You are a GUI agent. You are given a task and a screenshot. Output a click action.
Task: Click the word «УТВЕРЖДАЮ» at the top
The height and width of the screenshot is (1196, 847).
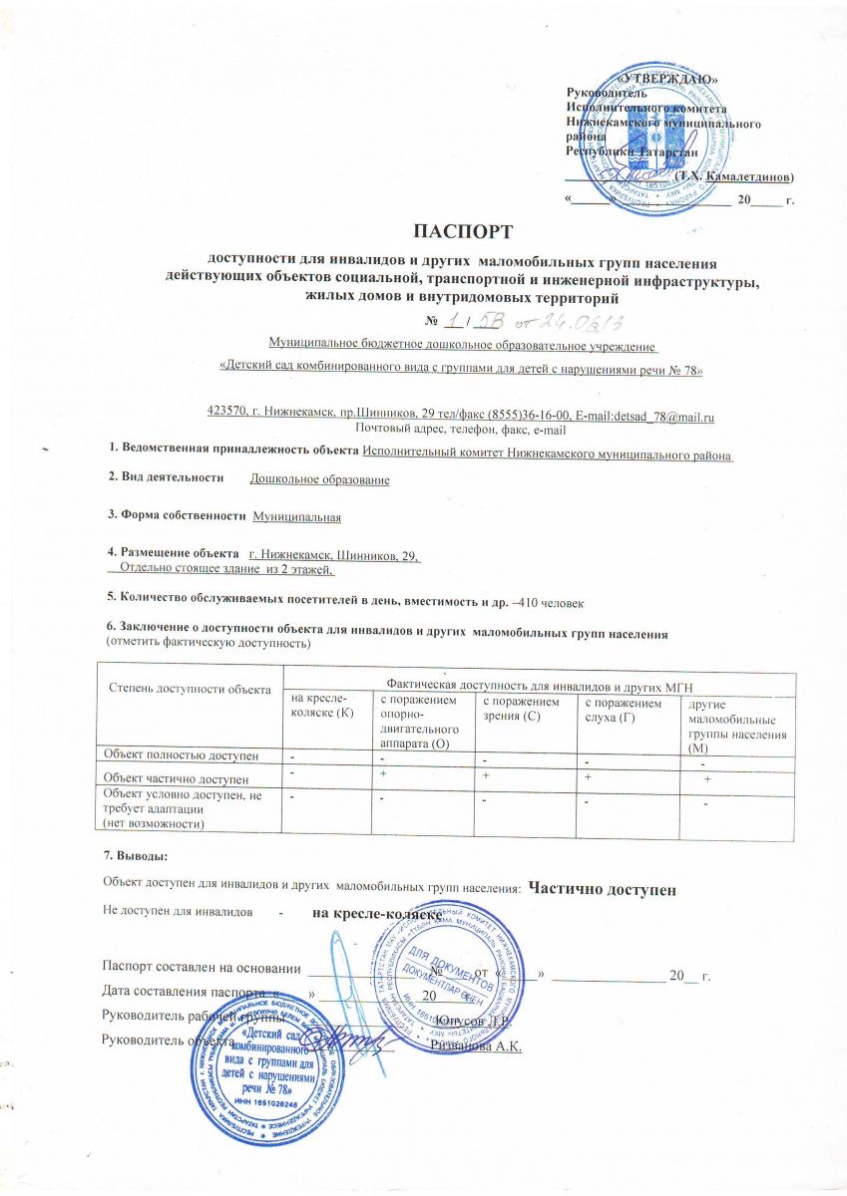tap(667, 78)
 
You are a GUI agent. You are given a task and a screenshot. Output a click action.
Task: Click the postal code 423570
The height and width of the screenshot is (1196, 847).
tap(225, 413)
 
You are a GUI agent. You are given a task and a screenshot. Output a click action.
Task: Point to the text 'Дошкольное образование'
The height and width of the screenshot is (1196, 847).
tap(319, 479)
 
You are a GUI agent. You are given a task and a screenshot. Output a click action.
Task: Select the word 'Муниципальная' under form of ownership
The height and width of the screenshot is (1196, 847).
tap(297, 518)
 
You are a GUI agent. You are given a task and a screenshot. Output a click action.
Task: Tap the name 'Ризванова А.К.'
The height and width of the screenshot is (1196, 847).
tap(477, 1043)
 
